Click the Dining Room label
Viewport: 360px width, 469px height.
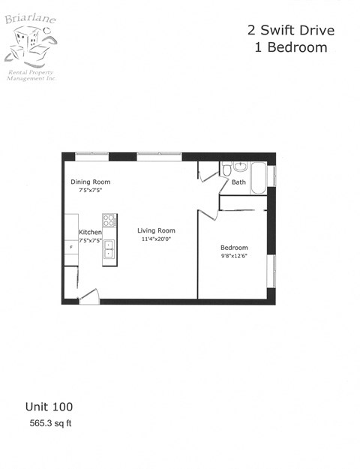coord(90,182)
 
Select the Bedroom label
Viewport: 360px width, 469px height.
coord(233,248)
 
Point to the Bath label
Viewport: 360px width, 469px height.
coord(238,182)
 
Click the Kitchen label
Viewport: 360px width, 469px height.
coord(90,233)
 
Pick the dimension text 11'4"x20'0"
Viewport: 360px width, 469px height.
coord(157,239)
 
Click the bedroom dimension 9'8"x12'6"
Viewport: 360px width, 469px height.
coord(233,256)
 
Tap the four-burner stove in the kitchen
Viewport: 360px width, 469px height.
coord(109,221)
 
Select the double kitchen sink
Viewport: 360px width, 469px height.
coord(109,249)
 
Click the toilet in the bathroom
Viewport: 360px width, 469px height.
coord(226,171)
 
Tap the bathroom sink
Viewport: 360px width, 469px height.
coord(240,167)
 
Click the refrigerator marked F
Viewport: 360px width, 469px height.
coord(70,246)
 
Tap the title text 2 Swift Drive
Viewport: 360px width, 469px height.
coord(290,31)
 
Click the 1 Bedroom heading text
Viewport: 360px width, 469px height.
coord(290,47)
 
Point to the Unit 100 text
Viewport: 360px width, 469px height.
coord(49,407)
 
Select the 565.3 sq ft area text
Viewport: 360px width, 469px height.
coord(50,423)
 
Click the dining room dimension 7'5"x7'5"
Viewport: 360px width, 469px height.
coord(90,191)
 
